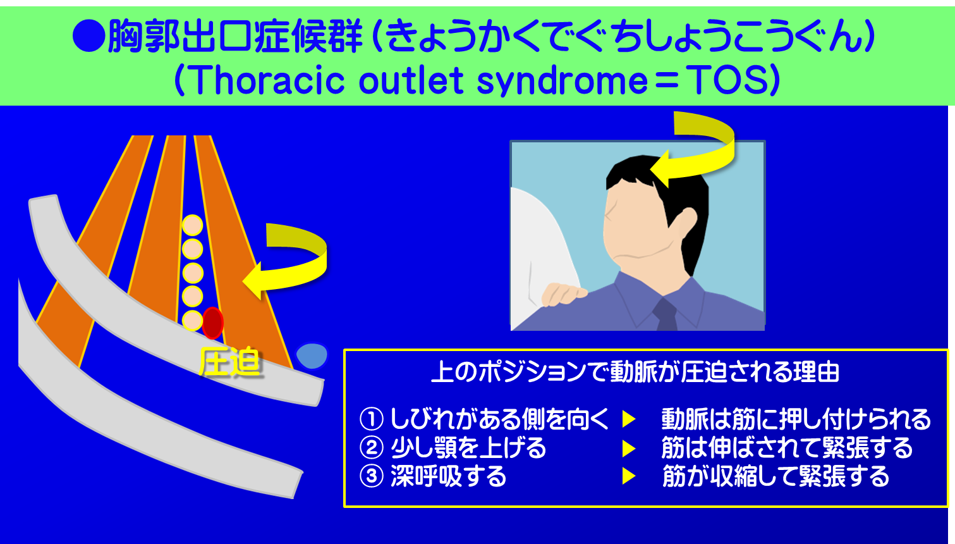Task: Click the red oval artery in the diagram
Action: click(x=212, y=323)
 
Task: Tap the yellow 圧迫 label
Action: click(x=229, y=362)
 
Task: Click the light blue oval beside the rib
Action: click(x=312, y=355)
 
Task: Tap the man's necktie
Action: click(x=666, y=314)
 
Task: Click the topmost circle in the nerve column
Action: click(x=193, y=225)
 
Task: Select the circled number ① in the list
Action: click(x=372, y=419)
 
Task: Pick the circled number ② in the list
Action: click(x=372, y=448)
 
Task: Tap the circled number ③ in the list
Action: click(x=372, y=476)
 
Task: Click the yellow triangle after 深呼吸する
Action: click(x=628, y=476)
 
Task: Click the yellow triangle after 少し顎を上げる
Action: click(x=628, y=448)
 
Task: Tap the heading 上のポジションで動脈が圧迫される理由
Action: click(x=635, y=372)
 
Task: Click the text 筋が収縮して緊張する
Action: click(x=776, y=476)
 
